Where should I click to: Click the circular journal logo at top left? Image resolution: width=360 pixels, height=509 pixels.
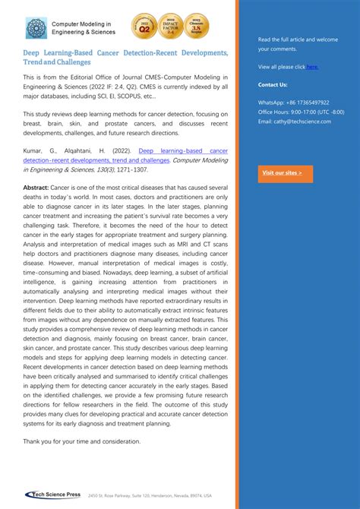coord(35,28)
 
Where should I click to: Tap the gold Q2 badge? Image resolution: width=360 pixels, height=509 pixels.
coord(144,27)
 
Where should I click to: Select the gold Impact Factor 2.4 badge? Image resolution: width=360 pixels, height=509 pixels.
coord(170,27)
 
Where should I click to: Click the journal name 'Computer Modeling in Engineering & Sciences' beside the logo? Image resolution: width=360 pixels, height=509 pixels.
coord(84,28)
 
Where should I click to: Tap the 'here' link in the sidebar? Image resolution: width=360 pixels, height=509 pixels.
coord(312,67)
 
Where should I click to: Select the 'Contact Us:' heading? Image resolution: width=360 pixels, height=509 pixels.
coord(273,84)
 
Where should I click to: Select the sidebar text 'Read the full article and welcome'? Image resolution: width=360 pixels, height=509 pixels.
coord(298,39)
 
